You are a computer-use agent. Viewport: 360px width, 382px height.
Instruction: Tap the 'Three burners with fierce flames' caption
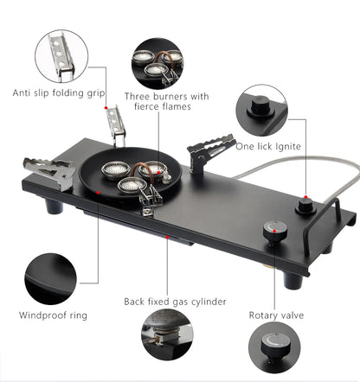(x=165, y=101)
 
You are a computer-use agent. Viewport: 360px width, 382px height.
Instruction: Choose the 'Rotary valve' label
(x=275, y=315)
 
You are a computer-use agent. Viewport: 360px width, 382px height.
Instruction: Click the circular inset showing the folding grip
(x=61, y=55)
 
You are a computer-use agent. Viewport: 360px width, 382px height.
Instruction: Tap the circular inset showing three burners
(x=157, y=62)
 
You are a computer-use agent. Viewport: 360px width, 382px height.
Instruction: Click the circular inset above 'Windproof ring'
(x=50, y=277)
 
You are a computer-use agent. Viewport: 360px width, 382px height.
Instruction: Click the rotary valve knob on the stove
(x=274, y=231)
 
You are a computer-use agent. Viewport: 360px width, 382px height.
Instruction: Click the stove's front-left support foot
(x=54, y=206)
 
